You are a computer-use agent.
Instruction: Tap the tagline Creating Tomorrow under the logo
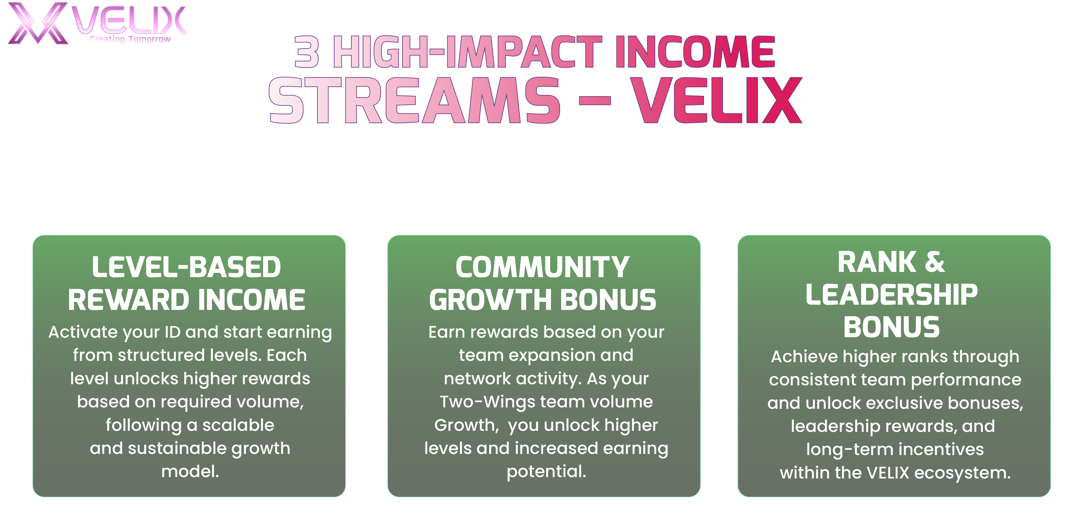[x=130, y=39]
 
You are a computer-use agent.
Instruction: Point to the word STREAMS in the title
[x=414, y=100]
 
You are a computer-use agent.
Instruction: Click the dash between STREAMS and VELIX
[x=594, y=100]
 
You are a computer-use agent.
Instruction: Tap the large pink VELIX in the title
[x=716, y=100]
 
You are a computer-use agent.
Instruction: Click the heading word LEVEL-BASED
[x=187, y=267]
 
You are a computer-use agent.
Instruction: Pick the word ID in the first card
[x=172, y=332]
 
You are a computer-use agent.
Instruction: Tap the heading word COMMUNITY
[x=542, y=267]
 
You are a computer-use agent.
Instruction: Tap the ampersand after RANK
[x=935, y=262]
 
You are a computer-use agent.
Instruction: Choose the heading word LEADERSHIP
[x=891, y=295]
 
